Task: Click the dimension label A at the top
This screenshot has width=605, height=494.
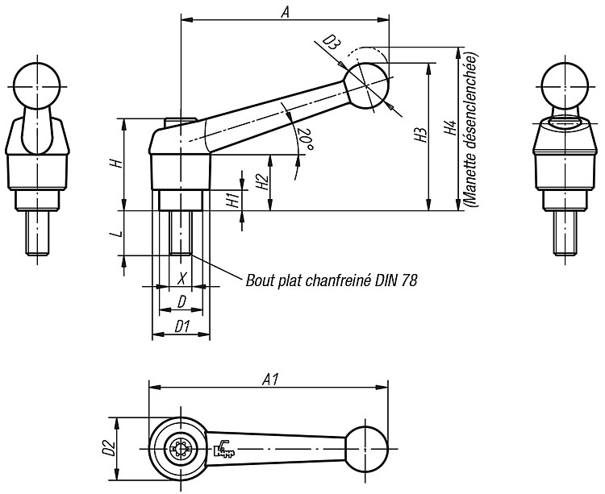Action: point(285,13)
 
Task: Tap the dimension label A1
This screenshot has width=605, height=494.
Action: point(270,380)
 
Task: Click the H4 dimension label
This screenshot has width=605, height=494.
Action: point(450,128)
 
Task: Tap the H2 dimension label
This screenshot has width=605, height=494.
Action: point(262,182)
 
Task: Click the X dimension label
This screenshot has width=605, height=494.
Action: point(182,277)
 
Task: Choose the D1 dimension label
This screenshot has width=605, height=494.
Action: point(182,326)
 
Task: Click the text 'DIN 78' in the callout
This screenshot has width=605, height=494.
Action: point(396,280)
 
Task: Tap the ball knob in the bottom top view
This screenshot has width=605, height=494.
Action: point(366,450)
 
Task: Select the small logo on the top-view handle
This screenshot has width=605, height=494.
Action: point(223,449)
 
